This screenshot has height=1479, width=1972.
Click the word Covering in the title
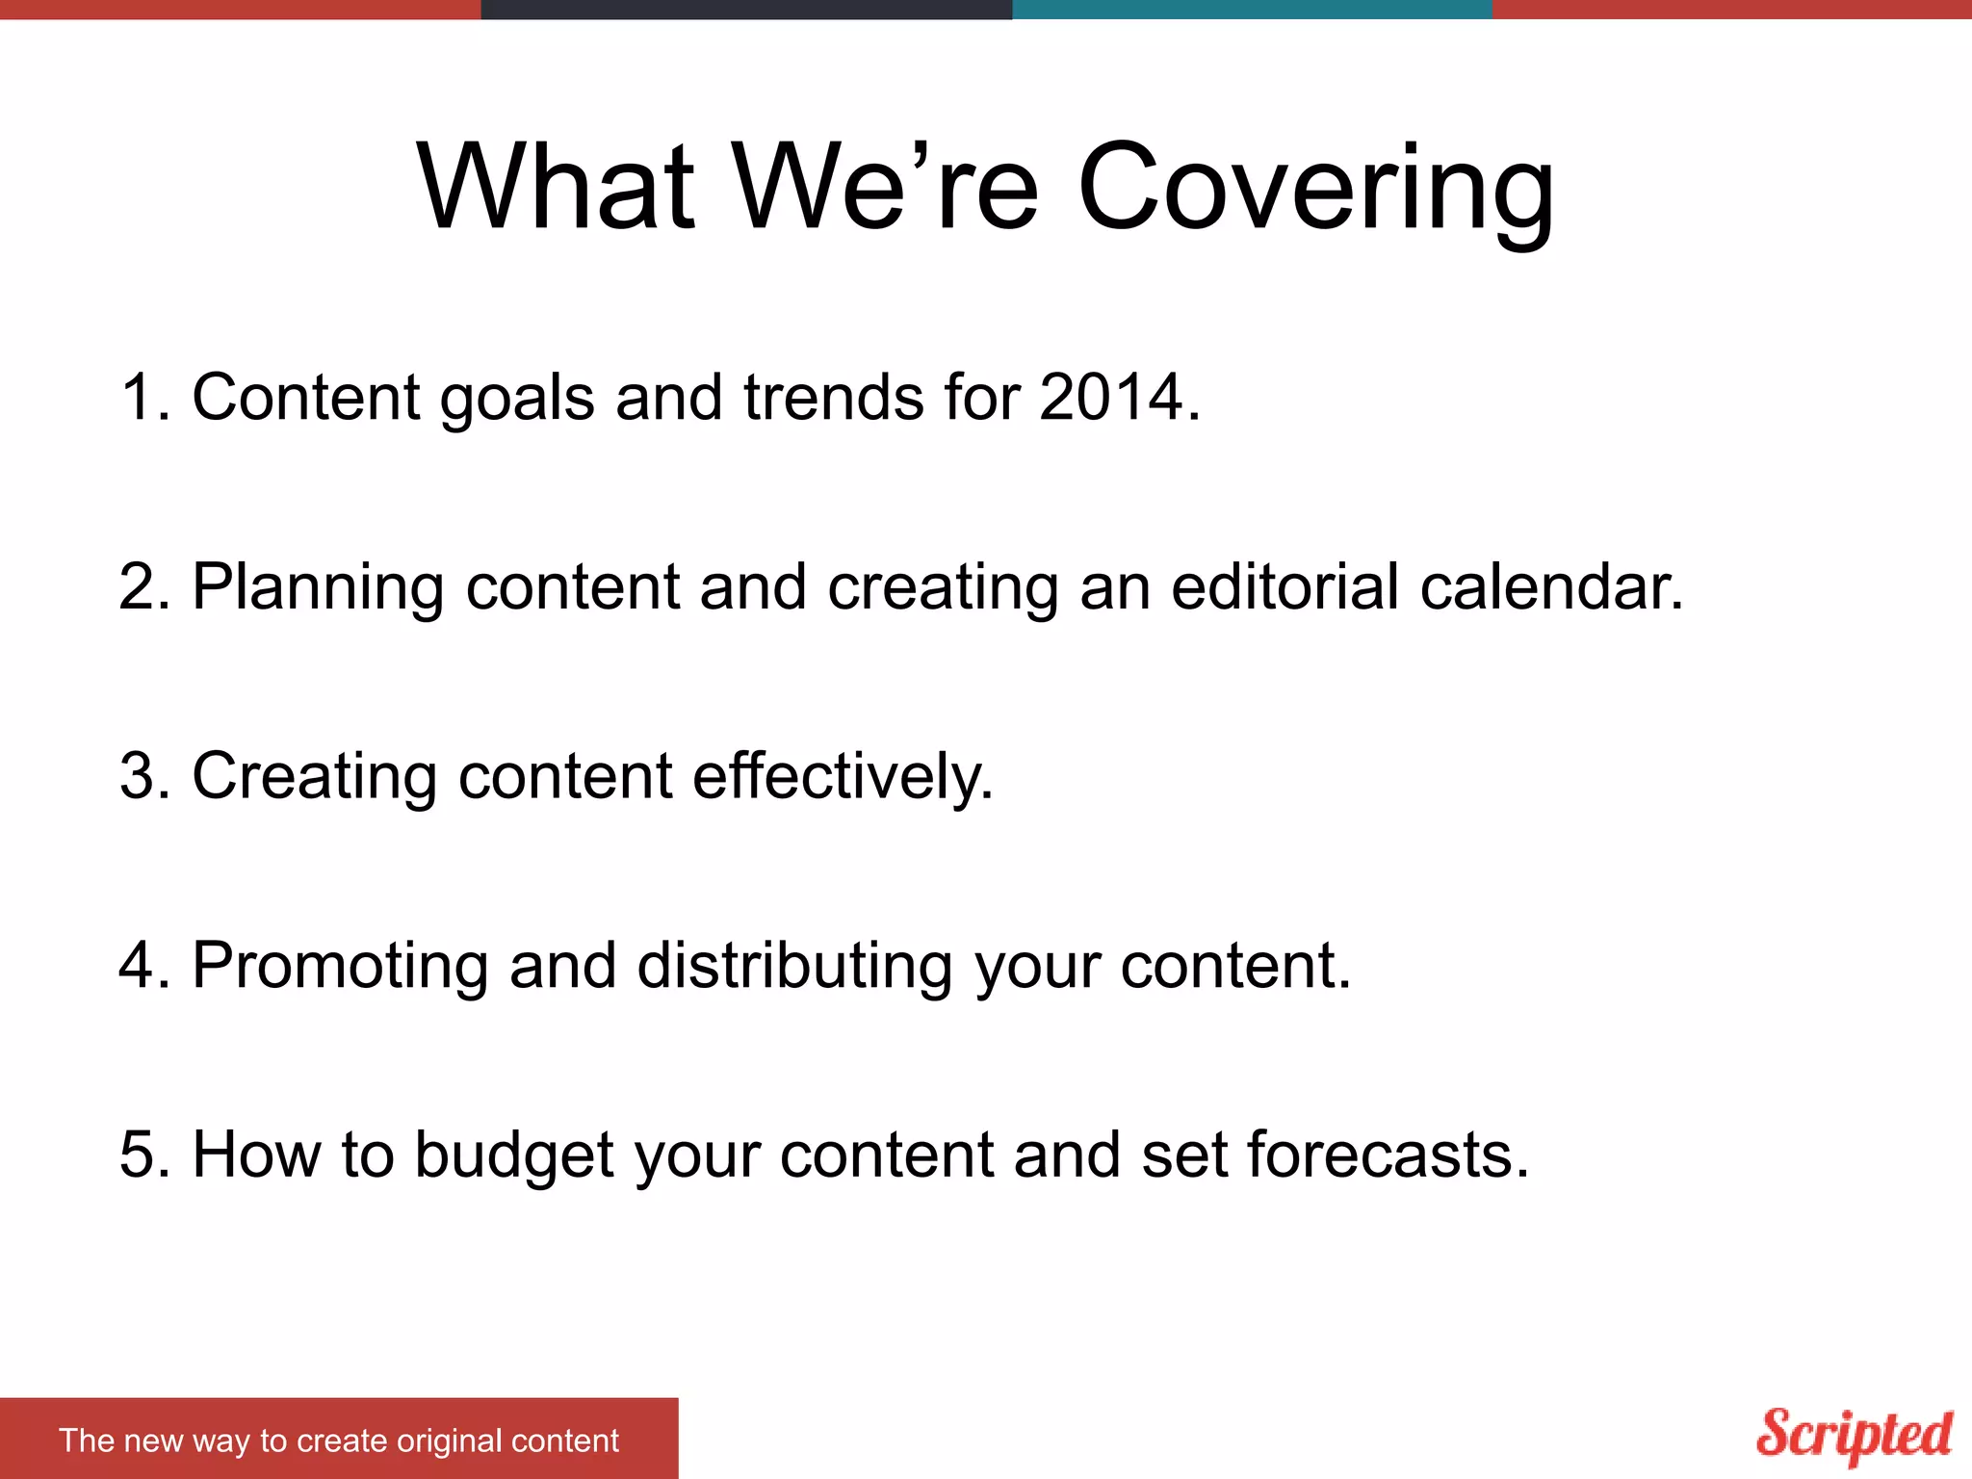pos(1314,188)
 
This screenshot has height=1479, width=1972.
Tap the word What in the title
pos(556,188)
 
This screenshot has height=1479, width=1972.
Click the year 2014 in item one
pos(1112,397)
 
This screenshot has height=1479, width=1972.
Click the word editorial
pos(1284,586)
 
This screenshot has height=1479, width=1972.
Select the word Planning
pos(318,586)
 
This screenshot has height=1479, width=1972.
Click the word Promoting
pos(340,965)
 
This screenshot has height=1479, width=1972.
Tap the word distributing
pos(794,965)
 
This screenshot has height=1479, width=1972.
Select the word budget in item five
pos(513,1155)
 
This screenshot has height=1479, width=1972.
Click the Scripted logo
pos(1854,1435)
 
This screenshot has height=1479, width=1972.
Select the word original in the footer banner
pos(449,1440)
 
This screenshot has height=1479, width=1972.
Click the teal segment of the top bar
pos(1252,9)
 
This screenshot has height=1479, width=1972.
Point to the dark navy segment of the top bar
pos(746,9)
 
